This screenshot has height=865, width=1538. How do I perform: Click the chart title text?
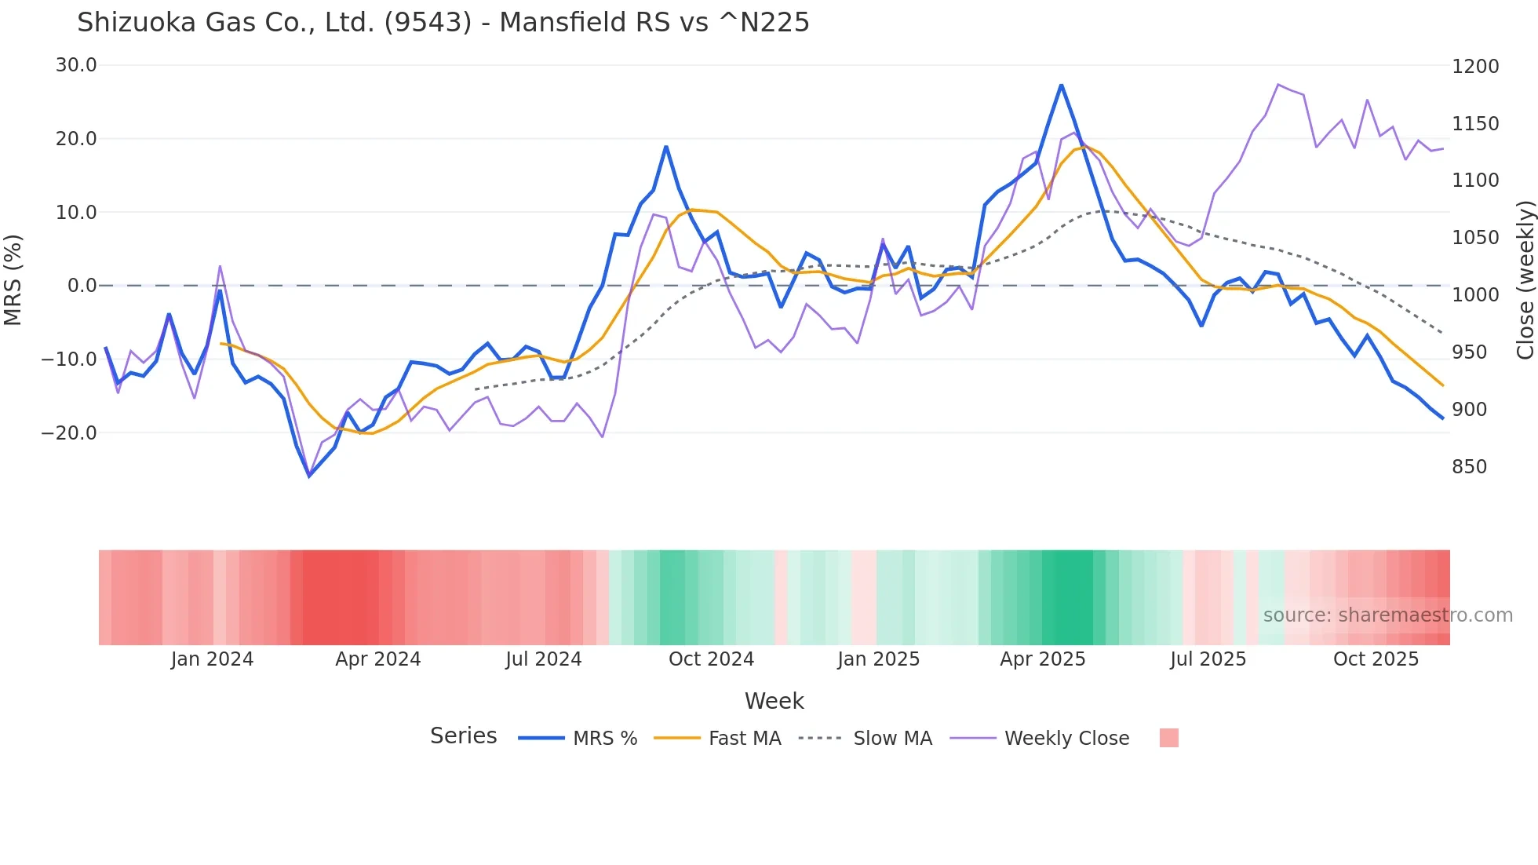443,23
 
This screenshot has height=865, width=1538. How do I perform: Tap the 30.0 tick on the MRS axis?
76,65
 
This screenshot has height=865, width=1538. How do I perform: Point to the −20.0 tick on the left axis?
69,432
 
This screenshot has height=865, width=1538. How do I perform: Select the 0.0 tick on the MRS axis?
82,286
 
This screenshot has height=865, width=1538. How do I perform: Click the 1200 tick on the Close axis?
1475,67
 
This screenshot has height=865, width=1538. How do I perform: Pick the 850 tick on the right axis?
1470,467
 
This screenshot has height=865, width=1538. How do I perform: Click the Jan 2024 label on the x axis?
212,659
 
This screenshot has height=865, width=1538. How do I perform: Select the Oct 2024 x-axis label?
711,659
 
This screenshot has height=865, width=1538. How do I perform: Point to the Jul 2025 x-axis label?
1208,659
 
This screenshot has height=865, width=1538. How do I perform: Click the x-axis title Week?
774,701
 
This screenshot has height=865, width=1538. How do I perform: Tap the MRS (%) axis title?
13,280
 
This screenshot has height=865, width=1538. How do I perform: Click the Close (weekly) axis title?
1525,280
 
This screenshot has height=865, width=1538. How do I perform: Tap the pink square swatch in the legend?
1168,738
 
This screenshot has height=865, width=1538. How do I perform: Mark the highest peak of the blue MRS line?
1061,85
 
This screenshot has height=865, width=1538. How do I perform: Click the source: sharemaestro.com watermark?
1387,615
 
